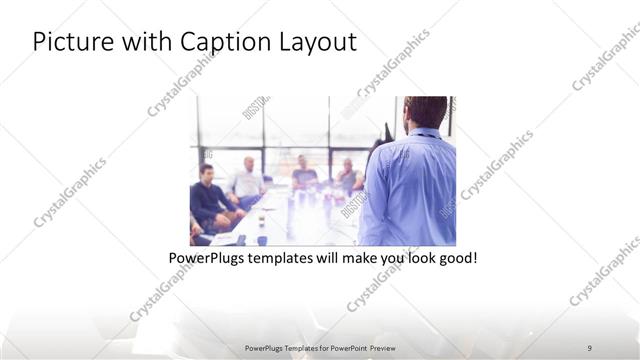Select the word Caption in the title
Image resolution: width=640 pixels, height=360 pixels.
tap(214, 43)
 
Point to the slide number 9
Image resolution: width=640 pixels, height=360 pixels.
tap(590, 348)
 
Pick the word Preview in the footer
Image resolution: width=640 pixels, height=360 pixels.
tap(383, 348)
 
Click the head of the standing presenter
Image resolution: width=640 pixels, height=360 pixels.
tap(426, 111)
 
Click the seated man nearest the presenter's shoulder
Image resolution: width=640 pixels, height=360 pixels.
tap(347, 174)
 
